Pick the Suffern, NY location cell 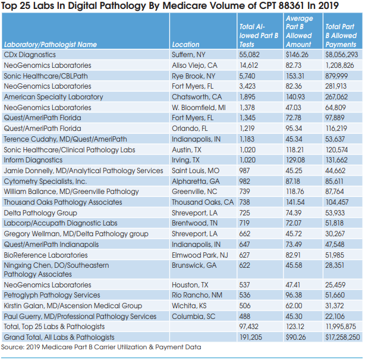[191, 55]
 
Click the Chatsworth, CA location [197, 96]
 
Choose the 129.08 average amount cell [298, 160]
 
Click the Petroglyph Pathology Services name [52, 295]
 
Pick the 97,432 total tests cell [249, 326]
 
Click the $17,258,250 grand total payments [342, 337]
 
